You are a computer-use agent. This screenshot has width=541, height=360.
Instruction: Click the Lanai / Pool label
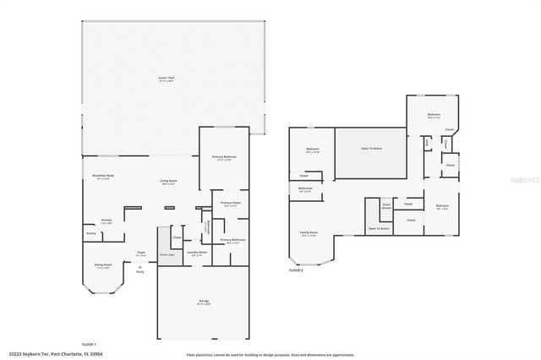(167, 78)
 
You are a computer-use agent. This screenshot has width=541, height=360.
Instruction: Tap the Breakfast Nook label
(103, 177)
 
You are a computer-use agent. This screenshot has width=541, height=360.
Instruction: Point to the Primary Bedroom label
(224, 158)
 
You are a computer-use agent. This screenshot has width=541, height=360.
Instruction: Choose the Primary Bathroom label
(232, 241)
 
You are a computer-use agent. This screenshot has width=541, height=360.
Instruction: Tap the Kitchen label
(107, 221)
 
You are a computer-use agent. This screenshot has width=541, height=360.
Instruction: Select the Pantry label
(90, 234)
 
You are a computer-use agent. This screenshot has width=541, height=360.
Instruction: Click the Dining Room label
(103, 265)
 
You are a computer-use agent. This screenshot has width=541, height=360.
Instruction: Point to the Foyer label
(141, 253)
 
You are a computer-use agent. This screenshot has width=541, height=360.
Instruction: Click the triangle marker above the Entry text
(140, 265)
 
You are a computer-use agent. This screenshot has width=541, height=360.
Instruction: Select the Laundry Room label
(197, 253)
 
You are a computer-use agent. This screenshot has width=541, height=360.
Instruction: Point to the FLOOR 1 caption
(89, 345)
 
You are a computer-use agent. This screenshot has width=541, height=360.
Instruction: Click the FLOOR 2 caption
(296, 270)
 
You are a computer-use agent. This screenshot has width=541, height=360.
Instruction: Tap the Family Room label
(309, 233)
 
